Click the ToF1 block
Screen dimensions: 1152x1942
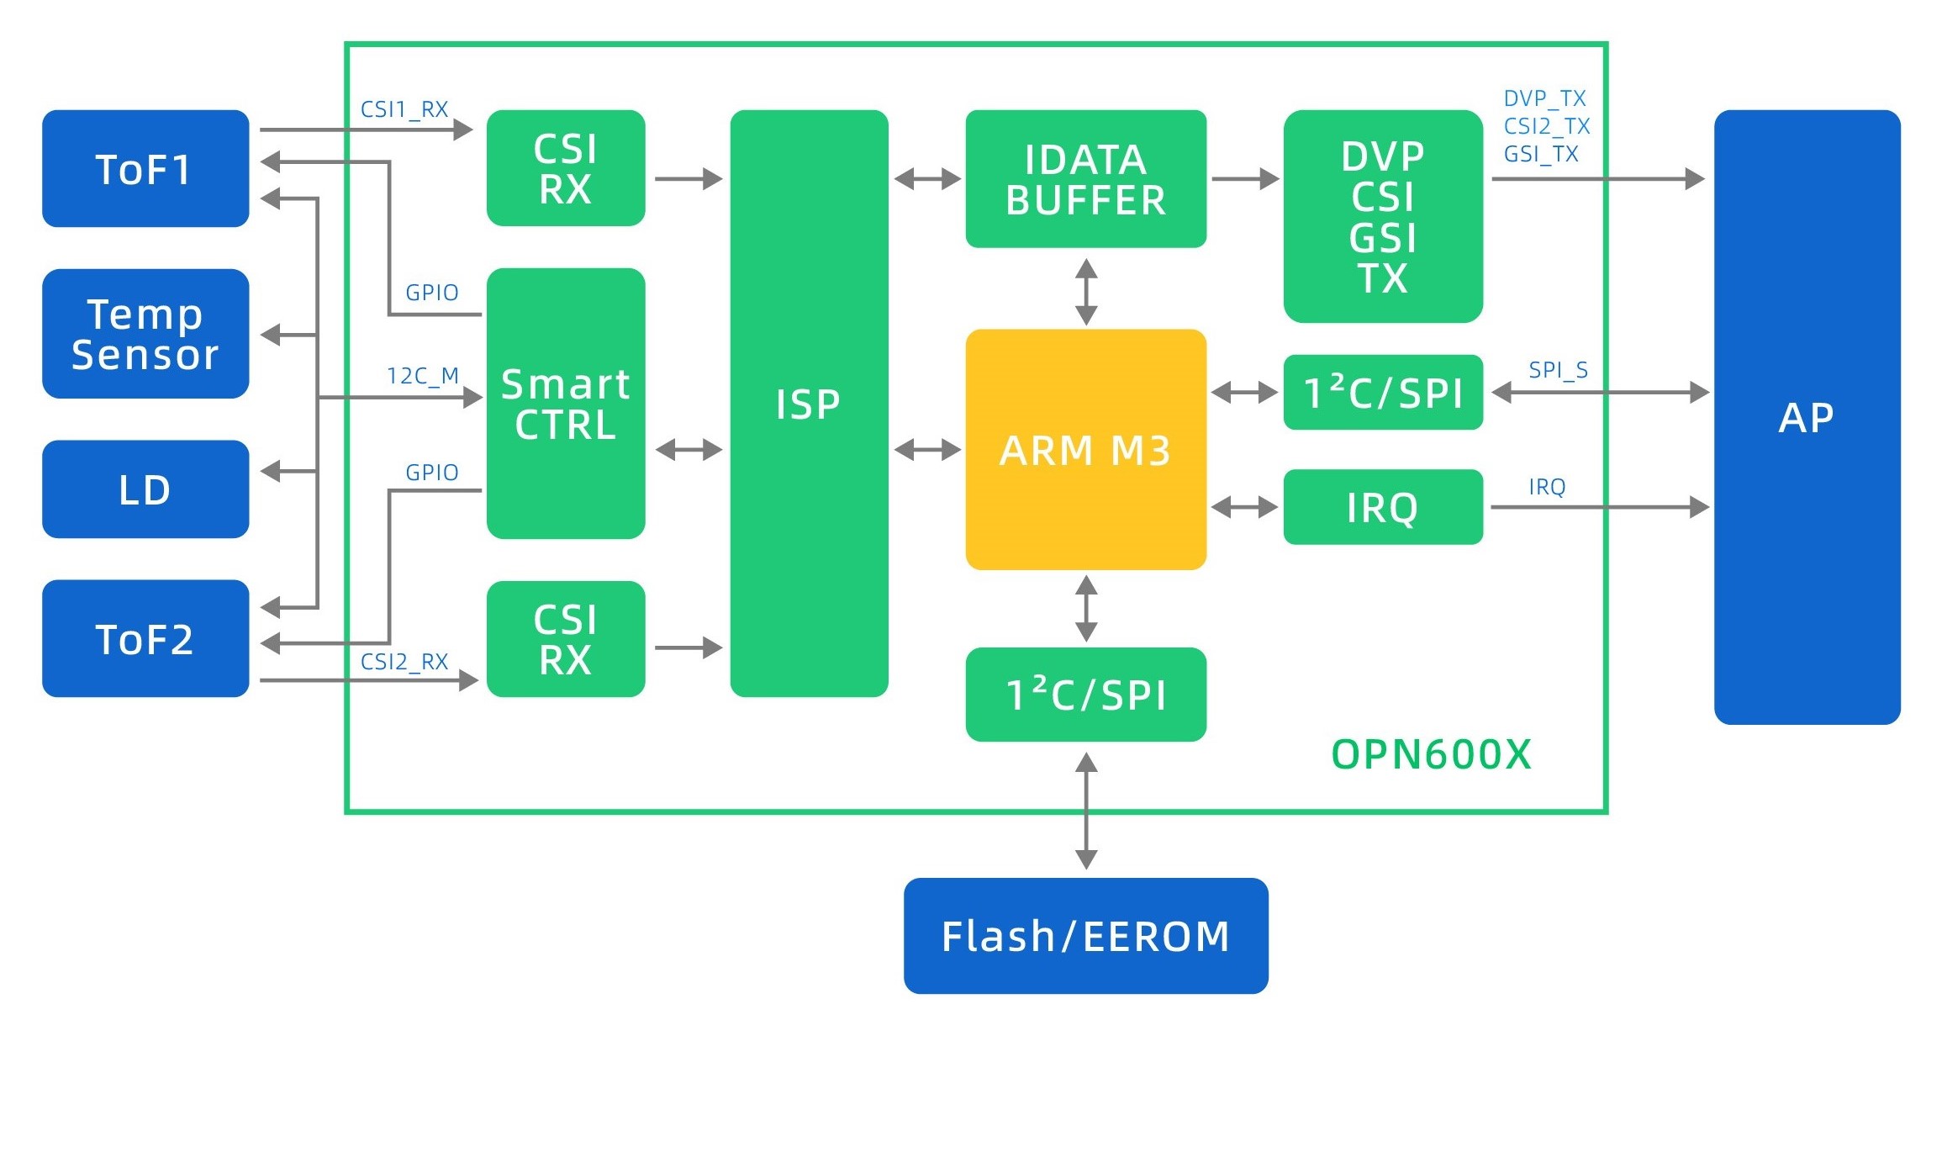click(145, 168)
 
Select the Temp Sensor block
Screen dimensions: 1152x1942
click(145, 334)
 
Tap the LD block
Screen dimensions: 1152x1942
click(145, 489)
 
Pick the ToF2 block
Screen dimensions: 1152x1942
click(145, 638)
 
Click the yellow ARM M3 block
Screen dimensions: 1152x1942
click(1085, 450)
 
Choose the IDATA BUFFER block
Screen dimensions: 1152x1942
click(1085, 179)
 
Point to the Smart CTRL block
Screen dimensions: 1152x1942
click(566, 404)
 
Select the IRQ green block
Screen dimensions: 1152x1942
click(1383, 507)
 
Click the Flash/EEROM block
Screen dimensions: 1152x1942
click(1085, 936)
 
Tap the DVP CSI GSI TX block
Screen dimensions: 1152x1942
click(1383, 216)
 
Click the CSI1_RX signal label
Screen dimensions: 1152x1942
click(404, 109)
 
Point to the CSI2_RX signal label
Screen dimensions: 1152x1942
click(404, 662)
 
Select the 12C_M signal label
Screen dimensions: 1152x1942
click(423, 376)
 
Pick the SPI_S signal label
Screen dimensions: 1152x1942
click(1558, 370)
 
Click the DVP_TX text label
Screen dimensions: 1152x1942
click(1544, 98)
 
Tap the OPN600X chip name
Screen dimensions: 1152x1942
click(1432, 754)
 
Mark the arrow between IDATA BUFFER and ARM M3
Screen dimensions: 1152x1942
click(1086, 292)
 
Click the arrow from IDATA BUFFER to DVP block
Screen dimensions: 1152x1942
click(1245, 179)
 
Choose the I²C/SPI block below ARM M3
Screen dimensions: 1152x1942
click(1085, 695)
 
